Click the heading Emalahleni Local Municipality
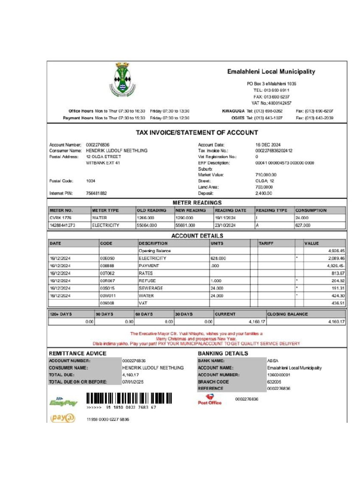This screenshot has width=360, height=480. [271, 72]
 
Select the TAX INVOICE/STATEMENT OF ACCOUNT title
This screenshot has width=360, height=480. [197, 133]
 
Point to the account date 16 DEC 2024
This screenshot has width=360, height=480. [268, 145]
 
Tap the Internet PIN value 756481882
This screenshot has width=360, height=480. [97, 193]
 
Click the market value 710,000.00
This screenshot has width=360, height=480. [266, 175]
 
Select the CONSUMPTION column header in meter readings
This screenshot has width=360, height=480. [311, 210]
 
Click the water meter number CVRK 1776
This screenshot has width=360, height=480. [61, 218]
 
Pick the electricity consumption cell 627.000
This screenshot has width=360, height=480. [303, 225]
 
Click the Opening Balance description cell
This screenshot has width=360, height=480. [155, 251]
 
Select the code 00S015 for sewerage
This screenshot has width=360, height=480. [107, 288]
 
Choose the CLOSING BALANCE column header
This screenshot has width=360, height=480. [287, 314]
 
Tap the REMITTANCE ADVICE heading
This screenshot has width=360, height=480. [78, 353]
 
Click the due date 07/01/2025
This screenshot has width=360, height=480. [133, 382]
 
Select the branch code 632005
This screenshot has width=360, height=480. [275, 382]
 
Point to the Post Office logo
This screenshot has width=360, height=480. [210, 399]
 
